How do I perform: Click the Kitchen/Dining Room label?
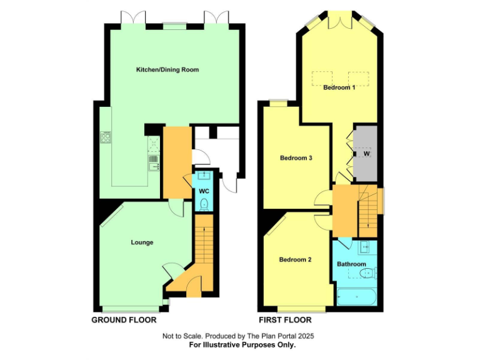(167, 69)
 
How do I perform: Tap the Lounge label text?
(142, 242)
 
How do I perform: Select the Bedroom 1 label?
(339, 87)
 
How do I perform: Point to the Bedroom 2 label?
(295, 259)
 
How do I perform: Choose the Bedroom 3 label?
(296, 157)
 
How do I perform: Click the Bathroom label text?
(351, 264)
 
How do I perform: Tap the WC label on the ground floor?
(204, 191)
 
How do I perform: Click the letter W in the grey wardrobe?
(366, 154)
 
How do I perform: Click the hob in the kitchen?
(105, 136)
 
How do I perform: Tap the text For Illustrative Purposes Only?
(242, 344)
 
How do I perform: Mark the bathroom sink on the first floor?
(364, 247)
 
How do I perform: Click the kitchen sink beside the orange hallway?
(153, 164)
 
